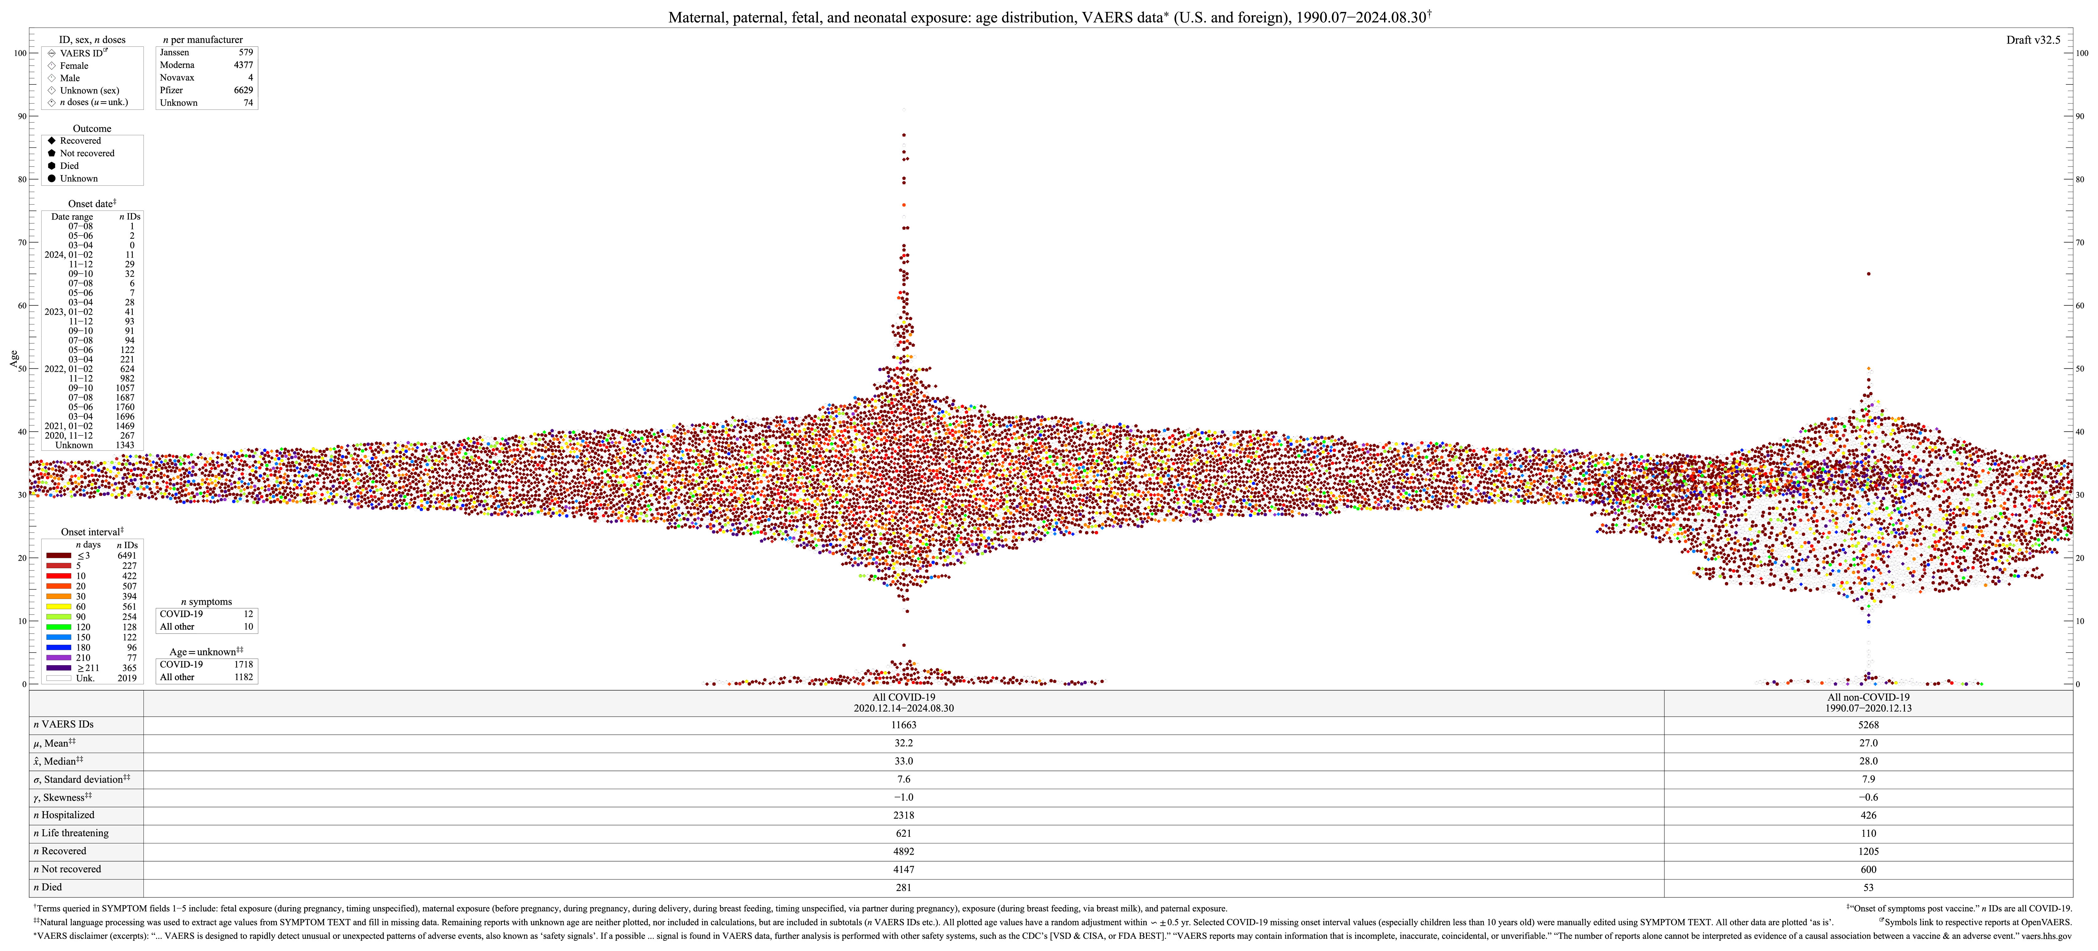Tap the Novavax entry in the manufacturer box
[x=177, y=77]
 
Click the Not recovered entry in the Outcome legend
[x=86, y=153]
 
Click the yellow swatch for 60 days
[x=59, y=606]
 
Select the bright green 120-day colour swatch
[x=59, y=627]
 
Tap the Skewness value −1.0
[x=903, y=797]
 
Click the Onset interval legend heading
[x=91, y=532]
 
